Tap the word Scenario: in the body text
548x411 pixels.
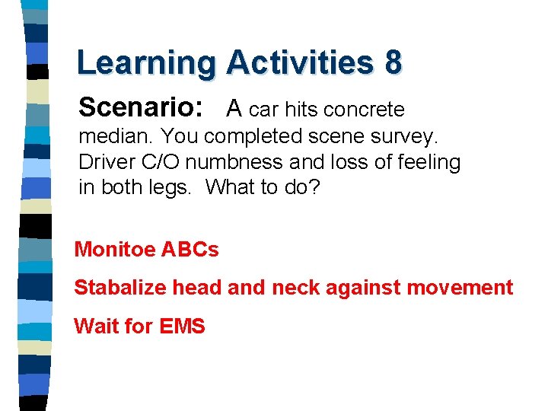point(141,108)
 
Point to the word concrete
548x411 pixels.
point(364,110)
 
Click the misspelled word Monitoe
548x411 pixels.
point(115,250)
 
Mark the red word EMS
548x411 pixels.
point(183,327)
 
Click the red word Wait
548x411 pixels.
point(96,327)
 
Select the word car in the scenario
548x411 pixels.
point(263,110)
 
